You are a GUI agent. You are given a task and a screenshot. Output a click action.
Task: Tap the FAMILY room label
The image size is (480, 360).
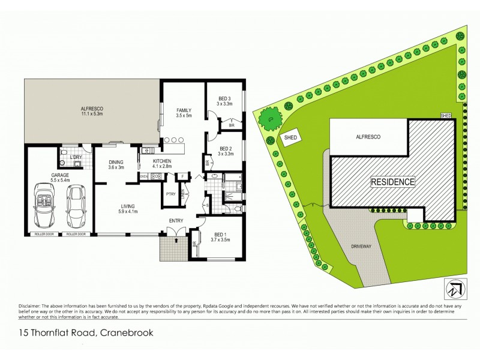pyautogui.click(x=184, y=110)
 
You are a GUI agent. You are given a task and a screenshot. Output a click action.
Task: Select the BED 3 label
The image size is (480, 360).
pyautogui.click(x=225, y=98)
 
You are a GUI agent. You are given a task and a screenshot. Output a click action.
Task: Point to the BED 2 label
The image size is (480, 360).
pyautogui.click(x=225, y=149)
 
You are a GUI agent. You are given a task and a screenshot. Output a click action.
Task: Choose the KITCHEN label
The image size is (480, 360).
pyautogui.click(x=162, y=161)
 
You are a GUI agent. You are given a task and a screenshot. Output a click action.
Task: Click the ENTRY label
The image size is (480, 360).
pyautogui.click(x=176, y=221)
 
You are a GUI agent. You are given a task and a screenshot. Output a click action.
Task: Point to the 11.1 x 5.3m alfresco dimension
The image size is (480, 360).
pyautogui.click(x=92, y=113)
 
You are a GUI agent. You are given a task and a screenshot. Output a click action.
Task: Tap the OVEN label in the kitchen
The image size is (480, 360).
pyautogui.click(x=144, y=176)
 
